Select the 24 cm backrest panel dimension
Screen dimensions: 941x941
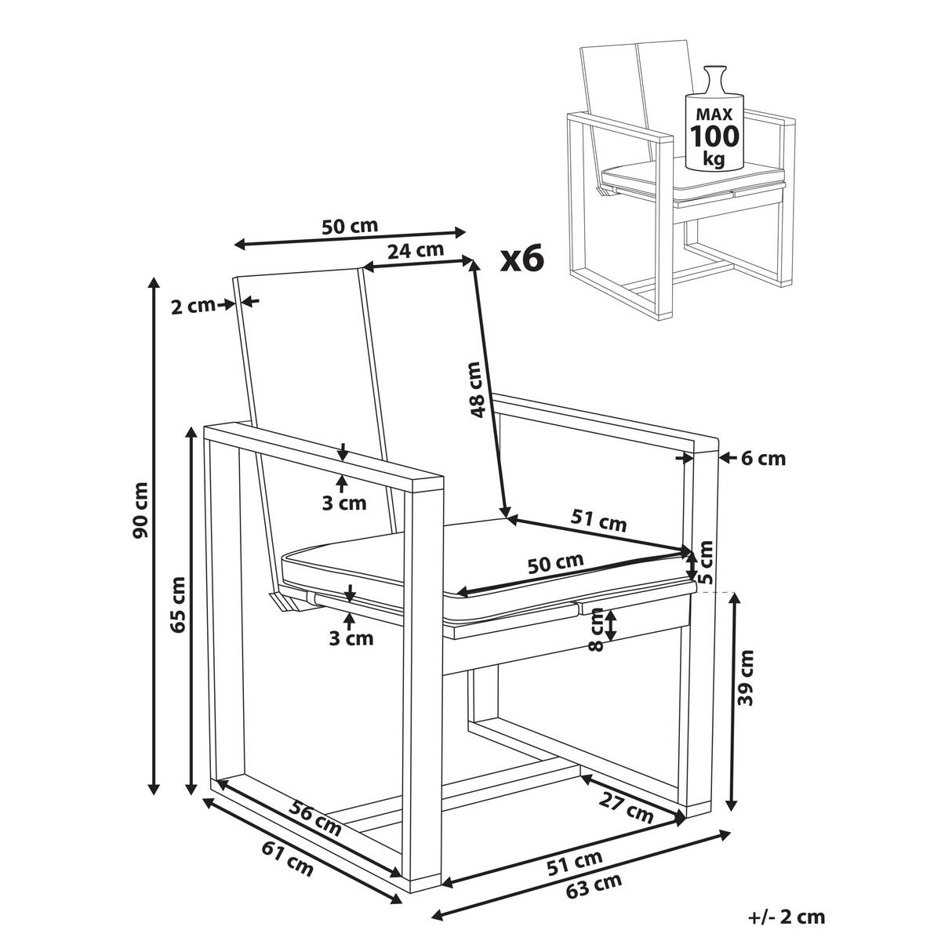[415, 251]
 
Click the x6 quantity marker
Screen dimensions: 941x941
[522, 258]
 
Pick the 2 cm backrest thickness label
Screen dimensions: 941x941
[193, 306]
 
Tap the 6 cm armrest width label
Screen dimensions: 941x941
[762, 458]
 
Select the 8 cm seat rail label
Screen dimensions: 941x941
[598, 632]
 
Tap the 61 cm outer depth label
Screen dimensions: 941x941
[287, 856]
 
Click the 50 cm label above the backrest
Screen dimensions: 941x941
[350, 226]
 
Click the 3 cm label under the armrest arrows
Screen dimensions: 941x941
[344, 503]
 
